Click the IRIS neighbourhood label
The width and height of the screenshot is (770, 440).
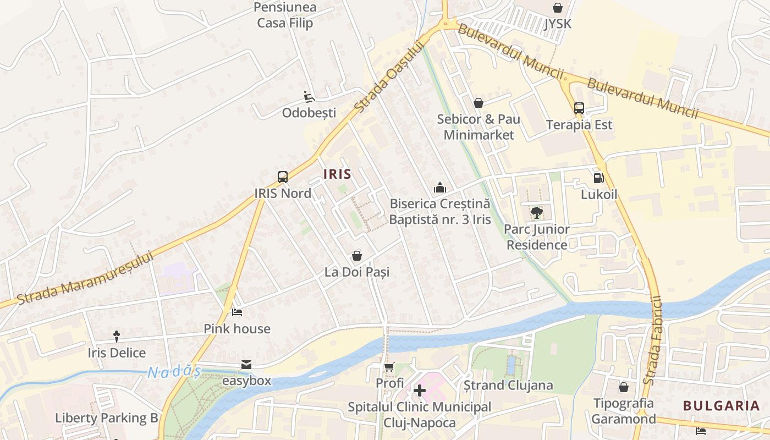(337, 174)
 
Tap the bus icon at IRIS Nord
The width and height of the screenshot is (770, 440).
(283, 177)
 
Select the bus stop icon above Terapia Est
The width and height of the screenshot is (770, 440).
(579, 108)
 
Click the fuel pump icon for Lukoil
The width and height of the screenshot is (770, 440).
(598, 178)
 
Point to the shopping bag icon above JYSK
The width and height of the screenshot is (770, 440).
(558, 8)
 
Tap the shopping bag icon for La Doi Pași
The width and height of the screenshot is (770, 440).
(356, 256)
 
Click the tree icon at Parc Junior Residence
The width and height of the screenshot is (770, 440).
(537, 213)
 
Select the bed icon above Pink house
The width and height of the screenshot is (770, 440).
(237, 312)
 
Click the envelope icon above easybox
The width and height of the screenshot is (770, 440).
(246, 365)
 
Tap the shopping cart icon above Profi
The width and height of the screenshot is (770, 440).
(389, 367)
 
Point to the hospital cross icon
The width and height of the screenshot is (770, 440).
(420, 391)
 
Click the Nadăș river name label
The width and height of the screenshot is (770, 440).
(174, 372)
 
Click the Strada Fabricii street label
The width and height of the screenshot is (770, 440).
(655, 341)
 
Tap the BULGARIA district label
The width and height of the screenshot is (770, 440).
(721, 406)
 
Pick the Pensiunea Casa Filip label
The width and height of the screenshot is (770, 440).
(285, 15)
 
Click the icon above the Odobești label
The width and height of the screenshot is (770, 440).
(309, 97)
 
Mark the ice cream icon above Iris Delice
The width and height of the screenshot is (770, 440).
(117, 336)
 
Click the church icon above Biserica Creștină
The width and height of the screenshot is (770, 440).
(439, 188)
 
